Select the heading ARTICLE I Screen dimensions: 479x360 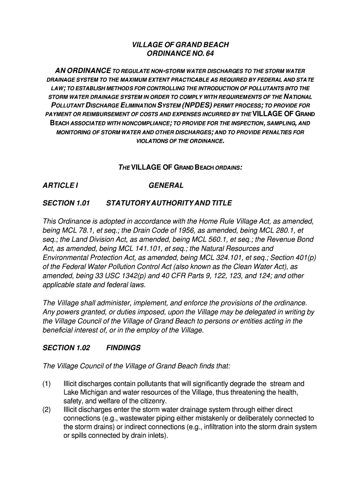pos(60,186)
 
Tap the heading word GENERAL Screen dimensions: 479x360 pos(166,186)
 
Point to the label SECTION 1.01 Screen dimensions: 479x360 pos(66,203)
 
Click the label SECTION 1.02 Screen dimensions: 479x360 pos(66,348)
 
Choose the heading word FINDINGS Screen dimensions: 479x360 pos(123,348)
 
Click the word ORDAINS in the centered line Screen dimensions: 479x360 pos(229,167)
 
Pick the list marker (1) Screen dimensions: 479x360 pos(47,384)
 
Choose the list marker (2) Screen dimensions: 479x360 pos(47,410)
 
